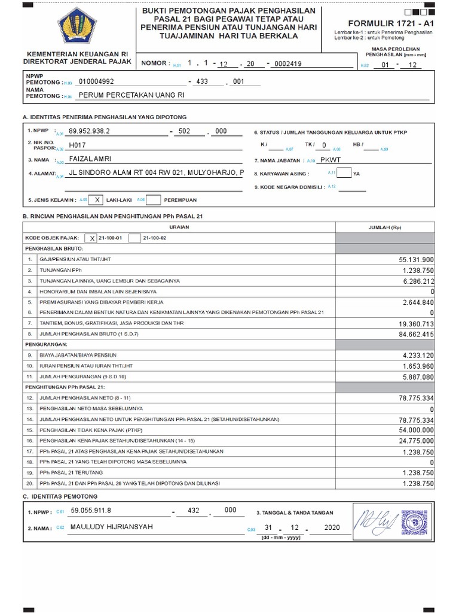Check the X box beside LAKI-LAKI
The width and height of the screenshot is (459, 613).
point(99,201)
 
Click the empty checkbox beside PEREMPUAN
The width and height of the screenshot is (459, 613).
point(153,201)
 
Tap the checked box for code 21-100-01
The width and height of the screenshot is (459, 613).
point(92,238)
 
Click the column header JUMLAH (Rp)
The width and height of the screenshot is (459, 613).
point(385,227)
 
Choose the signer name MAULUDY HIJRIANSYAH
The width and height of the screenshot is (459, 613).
point(112,527)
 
